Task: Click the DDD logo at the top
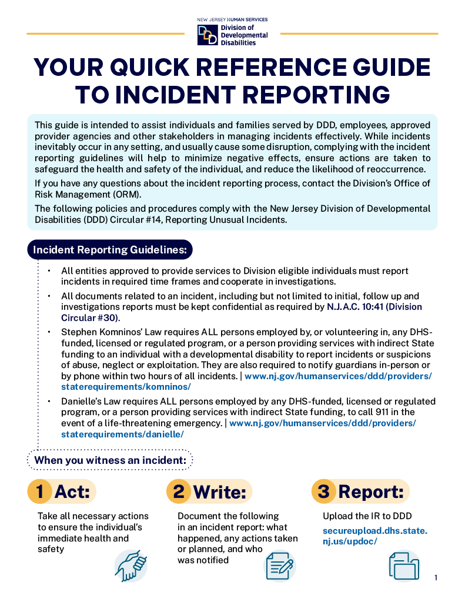(x=208, y=34)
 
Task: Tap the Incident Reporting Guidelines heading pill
(x=110, y=249)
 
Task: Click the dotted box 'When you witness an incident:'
(x=110, y=460)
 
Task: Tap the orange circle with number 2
(x=178, y=491)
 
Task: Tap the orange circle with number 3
(x=323, y=491)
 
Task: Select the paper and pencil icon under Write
(x=280, y=566)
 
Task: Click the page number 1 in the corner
(x=436, y=578)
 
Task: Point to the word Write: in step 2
(x=219, y=492)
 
